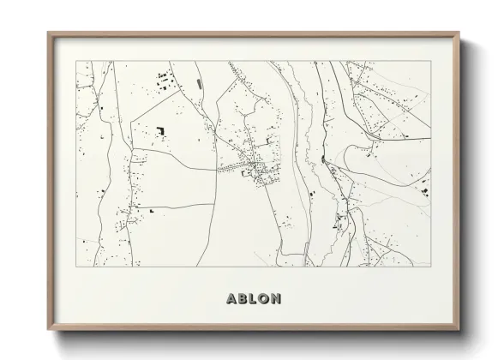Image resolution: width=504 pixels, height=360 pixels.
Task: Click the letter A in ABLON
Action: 231,299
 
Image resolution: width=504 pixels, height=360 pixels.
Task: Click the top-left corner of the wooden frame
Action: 48,33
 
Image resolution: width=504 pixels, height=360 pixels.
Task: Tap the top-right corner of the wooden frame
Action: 461,33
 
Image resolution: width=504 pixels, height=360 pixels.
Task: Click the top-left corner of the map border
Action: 76,61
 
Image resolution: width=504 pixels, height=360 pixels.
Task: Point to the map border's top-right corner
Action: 430,61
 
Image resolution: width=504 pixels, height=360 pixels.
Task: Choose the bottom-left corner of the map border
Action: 76,267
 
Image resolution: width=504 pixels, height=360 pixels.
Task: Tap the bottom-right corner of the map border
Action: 430,267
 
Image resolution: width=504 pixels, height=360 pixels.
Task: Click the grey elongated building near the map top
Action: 200,83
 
